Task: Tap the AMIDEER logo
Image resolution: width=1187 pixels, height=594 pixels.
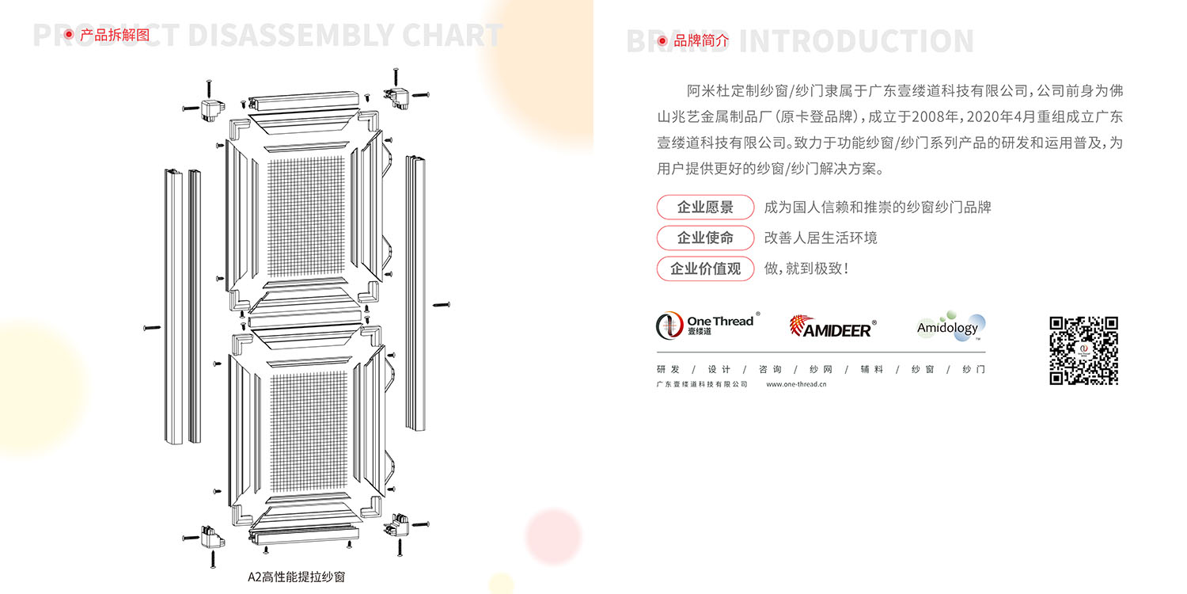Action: click(832, 326)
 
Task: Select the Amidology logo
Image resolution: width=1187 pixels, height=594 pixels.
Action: click(950, 327)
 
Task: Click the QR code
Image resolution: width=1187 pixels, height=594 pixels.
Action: click(1083, 350)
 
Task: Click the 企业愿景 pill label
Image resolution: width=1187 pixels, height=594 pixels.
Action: click(705, 208)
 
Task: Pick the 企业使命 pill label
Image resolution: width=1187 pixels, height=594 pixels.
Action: click(705, 238)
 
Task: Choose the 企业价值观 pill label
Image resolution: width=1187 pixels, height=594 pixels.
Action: click(705, 268)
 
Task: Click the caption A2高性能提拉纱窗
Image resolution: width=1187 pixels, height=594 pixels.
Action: click(297, 577)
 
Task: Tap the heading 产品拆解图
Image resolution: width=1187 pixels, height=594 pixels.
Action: click(115, 35)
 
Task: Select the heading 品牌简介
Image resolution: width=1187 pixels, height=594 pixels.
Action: click(701, 40)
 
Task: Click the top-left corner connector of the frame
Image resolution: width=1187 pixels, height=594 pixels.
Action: click(210, 109)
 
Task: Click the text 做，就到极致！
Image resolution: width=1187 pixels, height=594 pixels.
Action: click(806, 268)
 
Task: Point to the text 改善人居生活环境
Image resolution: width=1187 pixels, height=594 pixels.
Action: click(821, 238)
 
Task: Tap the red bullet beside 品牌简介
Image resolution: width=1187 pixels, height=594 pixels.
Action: click(662, 40)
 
